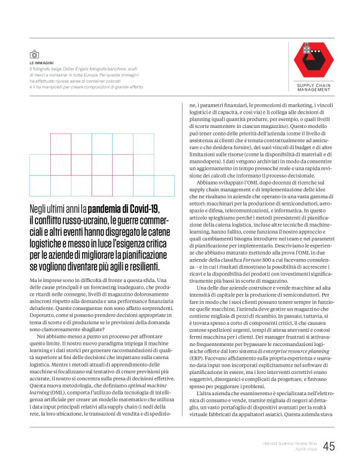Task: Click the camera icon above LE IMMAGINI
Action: pos(34,55)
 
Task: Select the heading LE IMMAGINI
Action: pos(41,63)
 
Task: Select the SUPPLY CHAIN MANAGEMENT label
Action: pos(313,88)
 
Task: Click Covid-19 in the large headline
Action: pos(141,209)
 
